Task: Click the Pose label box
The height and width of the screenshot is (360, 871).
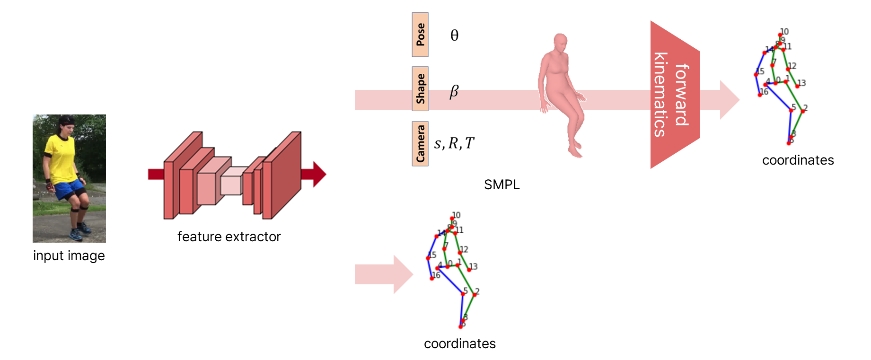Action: pos(420,35)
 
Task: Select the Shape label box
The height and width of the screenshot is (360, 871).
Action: pos(420,89)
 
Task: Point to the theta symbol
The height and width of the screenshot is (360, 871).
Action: pos(454,35)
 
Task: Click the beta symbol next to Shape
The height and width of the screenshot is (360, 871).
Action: pos(454,90)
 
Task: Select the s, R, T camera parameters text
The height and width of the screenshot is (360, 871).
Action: pos(454,143)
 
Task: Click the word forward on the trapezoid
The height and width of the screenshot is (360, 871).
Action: pos(682,95)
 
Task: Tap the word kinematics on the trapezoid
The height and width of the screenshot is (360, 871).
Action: pos(660,95)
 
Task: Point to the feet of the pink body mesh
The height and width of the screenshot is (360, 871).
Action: pos(575,152)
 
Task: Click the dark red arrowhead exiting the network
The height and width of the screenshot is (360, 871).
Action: pos(318,174)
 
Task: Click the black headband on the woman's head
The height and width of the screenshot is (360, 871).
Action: pos(67,121)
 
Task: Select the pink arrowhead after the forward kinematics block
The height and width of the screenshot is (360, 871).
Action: pos(730,100)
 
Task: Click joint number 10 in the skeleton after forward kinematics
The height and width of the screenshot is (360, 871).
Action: pos(780,35)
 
